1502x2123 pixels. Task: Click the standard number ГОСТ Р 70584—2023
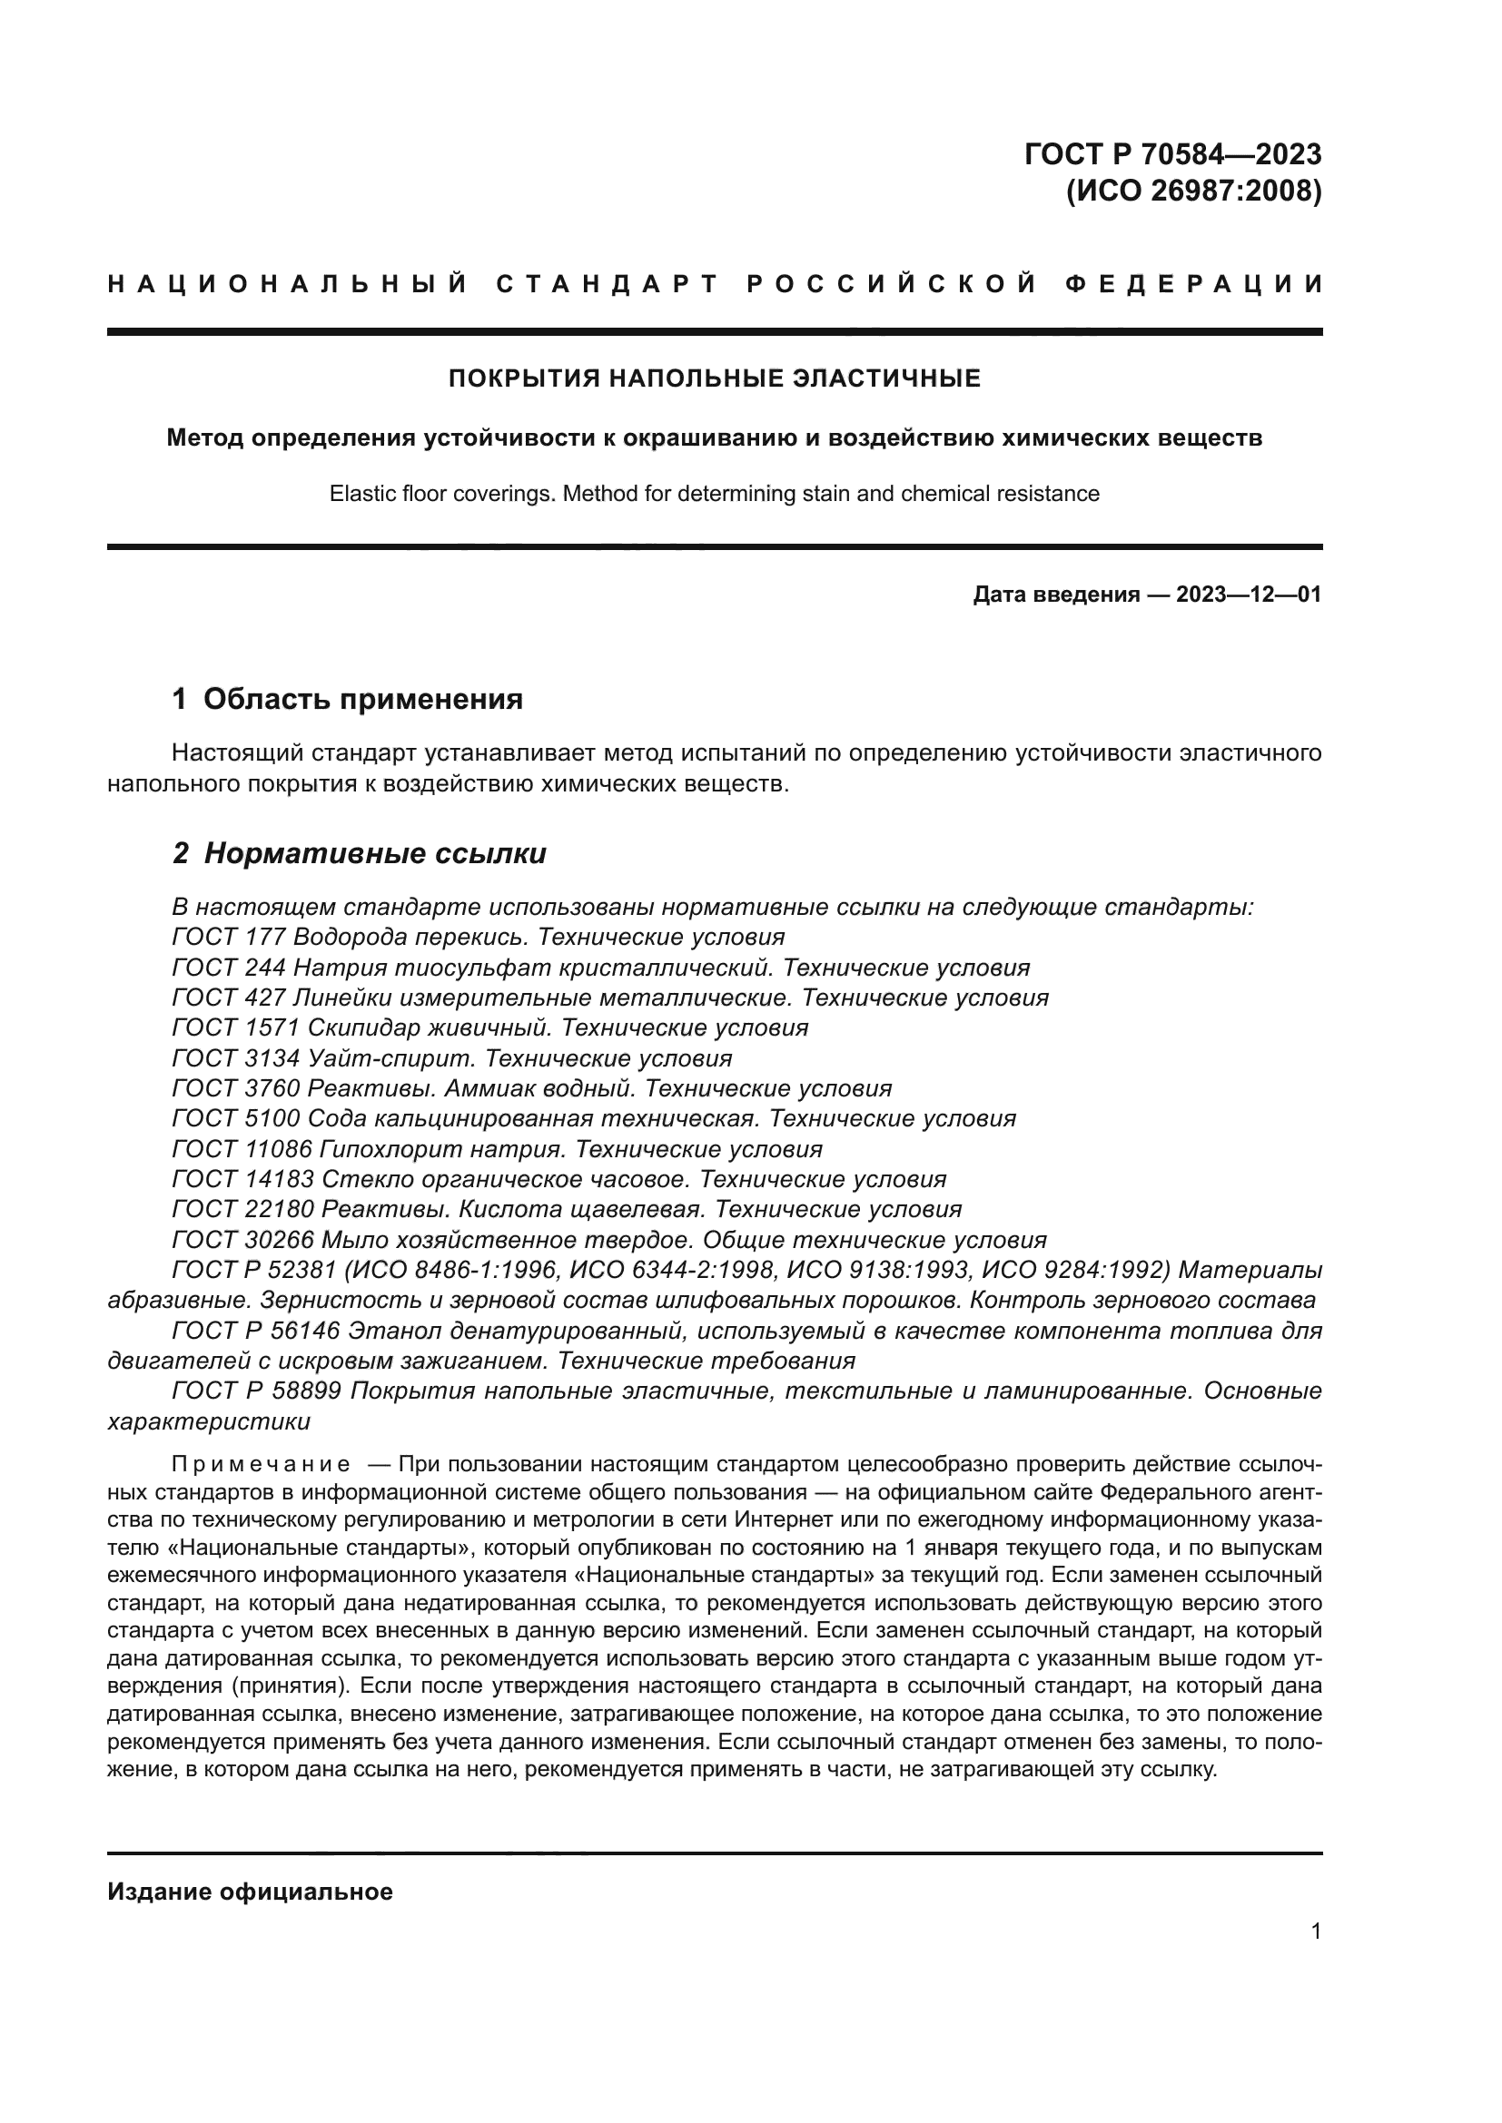(1171, 153)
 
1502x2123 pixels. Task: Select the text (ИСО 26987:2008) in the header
(1193, 192)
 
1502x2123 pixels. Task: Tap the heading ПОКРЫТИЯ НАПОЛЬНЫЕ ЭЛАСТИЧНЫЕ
(714, 378)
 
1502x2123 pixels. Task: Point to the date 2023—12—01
(1249, 595)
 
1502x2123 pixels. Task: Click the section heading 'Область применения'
(362, 699)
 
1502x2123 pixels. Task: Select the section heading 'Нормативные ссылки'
(374, 853)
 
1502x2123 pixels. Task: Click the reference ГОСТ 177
(229, 938)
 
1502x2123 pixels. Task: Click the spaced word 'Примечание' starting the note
(261, 1464)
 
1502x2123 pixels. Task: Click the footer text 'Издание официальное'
(250, 1892)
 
